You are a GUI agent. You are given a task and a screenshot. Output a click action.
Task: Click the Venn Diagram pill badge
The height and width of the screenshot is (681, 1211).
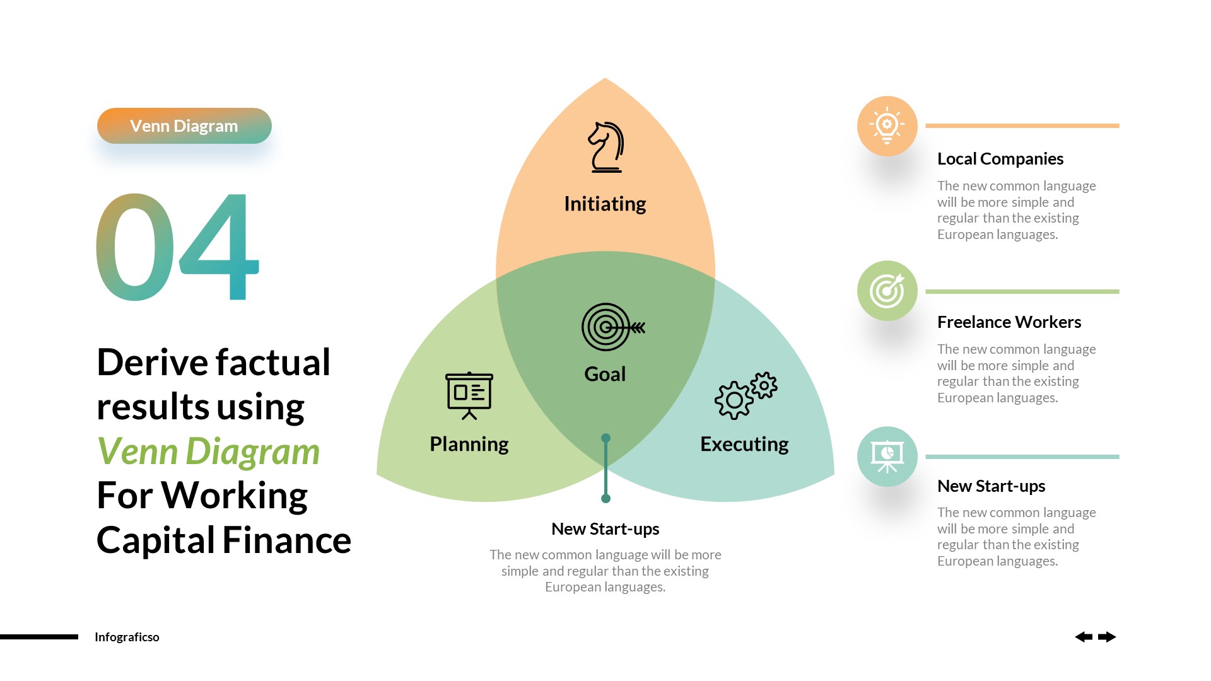(x=184, y=126)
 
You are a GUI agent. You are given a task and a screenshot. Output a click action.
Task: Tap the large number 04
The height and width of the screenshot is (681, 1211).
(x=177, y=247)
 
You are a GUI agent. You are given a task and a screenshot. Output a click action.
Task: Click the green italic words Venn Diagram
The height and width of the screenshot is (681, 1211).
(x=208, y=451)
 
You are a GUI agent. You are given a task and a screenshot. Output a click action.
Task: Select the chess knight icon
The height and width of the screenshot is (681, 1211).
(x=606, y=148)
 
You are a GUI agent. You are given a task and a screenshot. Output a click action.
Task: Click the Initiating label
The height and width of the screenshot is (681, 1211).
(x=605, y=204)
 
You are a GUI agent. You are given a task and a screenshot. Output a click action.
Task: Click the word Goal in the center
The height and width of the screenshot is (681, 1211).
(x=605, y=374)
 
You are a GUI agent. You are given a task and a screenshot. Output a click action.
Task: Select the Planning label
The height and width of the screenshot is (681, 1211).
(x=469, y=444)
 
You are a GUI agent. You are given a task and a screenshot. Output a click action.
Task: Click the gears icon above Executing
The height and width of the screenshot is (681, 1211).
(x=746, y=395)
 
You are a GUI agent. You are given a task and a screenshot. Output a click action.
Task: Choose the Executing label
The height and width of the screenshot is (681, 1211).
(x=744, y=444)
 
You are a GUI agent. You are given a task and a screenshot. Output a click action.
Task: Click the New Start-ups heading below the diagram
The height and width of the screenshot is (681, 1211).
(x=605, y=529)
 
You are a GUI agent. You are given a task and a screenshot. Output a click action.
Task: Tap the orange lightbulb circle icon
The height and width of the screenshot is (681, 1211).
(x=887, y=126)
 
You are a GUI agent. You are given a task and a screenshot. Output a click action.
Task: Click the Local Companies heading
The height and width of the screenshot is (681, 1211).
(x=1000, y=159)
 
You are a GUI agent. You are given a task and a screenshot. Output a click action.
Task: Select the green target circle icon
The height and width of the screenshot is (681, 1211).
(x=887, y=291)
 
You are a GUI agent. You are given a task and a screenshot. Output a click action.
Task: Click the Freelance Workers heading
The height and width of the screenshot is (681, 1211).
(x=1009, y=322)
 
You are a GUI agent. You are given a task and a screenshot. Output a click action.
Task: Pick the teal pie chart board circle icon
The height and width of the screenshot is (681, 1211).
(x=887, y=457)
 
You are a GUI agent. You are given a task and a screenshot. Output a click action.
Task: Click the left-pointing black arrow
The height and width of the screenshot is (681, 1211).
(x=1084, y=637)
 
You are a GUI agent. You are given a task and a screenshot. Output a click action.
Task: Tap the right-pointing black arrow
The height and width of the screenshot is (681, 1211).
(x=1107, y=637)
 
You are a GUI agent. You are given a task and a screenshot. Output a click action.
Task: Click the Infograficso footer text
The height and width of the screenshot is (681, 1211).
(x=127, y=637)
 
